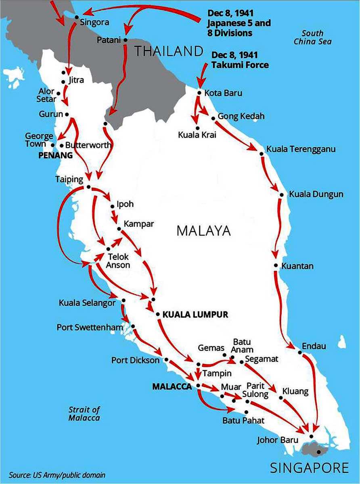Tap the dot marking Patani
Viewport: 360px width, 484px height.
[126, 40]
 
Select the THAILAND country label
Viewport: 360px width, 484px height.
[168, 51]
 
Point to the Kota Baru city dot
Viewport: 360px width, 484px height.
[199, 92]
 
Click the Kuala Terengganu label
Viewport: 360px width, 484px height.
[301, 149]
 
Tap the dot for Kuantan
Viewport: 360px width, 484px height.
[276, 265]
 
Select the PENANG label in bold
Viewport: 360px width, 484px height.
[55, 155]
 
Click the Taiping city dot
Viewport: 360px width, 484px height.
[88, 187]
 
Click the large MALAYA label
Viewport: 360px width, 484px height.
[203, 231]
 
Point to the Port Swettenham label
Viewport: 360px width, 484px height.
[90, 327]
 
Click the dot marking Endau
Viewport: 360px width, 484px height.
[300, 353]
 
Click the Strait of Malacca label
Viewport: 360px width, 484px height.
[84, 414]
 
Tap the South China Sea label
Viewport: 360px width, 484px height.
[312, 37]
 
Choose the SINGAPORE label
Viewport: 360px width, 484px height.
[310, 467]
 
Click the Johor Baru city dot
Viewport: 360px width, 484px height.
[311, 436]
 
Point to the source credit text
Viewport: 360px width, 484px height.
[57, 475]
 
